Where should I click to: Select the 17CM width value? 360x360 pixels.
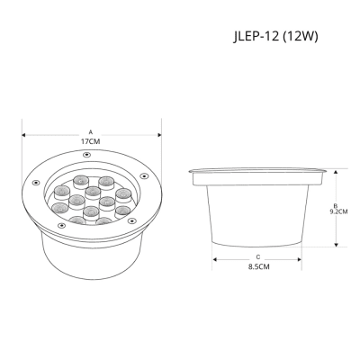[x=90, y=142]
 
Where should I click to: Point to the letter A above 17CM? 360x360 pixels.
[x=90, y=131]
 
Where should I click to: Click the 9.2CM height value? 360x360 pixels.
[x=340, y=211]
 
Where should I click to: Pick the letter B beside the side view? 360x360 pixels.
[x=335, y=204]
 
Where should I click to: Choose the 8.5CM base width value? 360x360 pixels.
[x=258, y=267]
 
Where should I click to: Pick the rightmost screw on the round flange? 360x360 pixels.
[x=144, y=176]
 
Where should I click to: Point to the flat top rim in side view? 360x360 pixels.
[x=258, y=171]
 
